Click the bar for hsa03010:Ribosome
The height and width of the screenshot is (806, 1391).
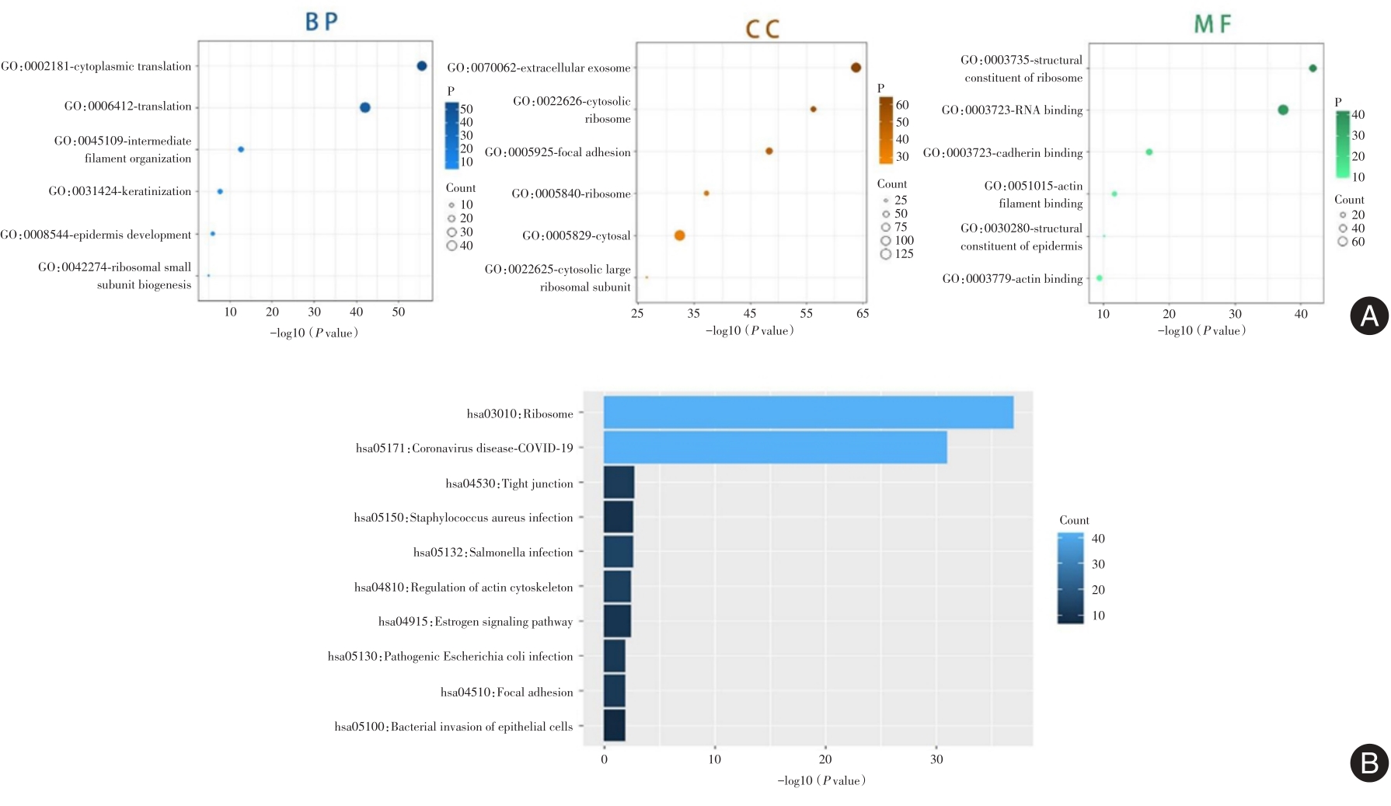tap(808, 413)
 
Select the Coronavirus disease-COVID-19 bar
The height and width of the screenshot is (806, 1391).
tap(775, 448)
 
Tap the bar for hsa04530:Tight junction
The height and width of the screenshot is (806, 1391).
tap(619, 483)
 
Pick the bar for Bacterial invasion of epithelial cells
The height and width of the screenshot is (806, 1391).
tap(614, 726)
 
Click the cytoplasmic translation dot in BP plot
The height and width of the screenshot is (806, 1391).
tap(422, 66)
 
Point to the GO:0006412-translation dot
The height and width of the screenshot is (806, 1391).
tap(365, 107)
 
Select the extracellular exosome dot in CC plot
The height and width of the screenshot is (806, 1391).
tap(856, 68)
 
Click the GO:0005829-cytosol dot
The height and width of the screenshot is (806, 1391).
tap(680, 236)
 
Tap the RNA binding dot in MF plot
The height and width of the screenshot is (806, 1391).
tap(1283, 110)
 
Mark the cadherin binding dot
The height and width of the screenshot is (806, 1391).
tap(1149, 152)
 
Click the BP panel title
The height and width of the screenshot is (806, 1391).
tap(322, 22)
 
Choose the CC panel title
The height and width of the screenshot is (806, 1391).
tap(762, 30)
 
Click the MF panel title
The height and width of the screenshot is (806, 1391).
tap(1212, 25)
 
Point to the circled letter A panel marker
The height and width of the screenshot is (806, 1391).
tap(1369, 316)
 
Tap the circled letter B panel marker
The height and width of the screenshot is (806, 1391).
tap(1369, 762)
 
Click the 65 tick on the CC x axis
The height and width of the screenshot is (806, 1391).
tap(863, 313)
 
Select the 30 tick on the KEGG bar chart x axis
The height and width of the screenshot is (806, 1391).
tap(936, 759)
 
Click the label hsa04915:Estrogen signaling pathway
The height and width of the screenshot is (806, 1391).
tap(476, 622)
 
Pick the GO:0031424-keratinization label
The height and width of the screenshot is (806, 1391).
tap(120, 191)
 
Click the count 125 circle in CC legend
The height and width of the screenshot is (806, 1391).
tap(886, 254)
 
